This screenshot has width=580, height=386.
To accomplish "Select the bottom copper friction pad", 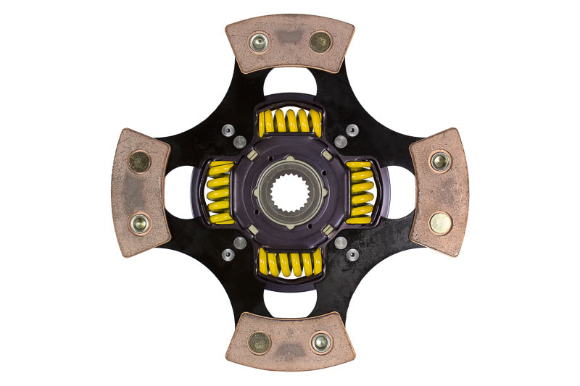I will [x=290, y=340].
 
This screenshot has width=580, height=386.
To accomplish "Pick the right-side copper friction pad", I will [x=439, y=193].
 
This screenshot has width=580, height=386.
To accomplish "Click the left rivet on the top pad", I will [x=259, y=43].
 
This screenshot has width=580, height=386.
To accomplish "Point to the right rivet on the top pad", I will [x=320, y=42].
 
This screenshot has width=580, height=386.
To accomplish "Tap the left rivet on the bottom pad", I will [x=259, y=342].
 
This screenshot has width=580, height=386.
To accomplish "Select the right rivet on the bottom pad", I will [x=320, y=343].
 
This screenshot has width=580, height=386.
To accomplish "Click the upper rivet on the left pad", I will [x=138, y=161].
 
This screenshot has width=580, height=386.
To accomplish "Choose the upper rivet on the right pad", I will [x=440, y=161].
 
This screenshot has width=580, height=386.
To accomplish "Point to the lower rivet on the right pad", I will [x=440, y=223].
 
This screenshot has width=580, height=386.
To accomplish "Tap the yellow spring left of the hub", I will [x=220, y=193].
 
